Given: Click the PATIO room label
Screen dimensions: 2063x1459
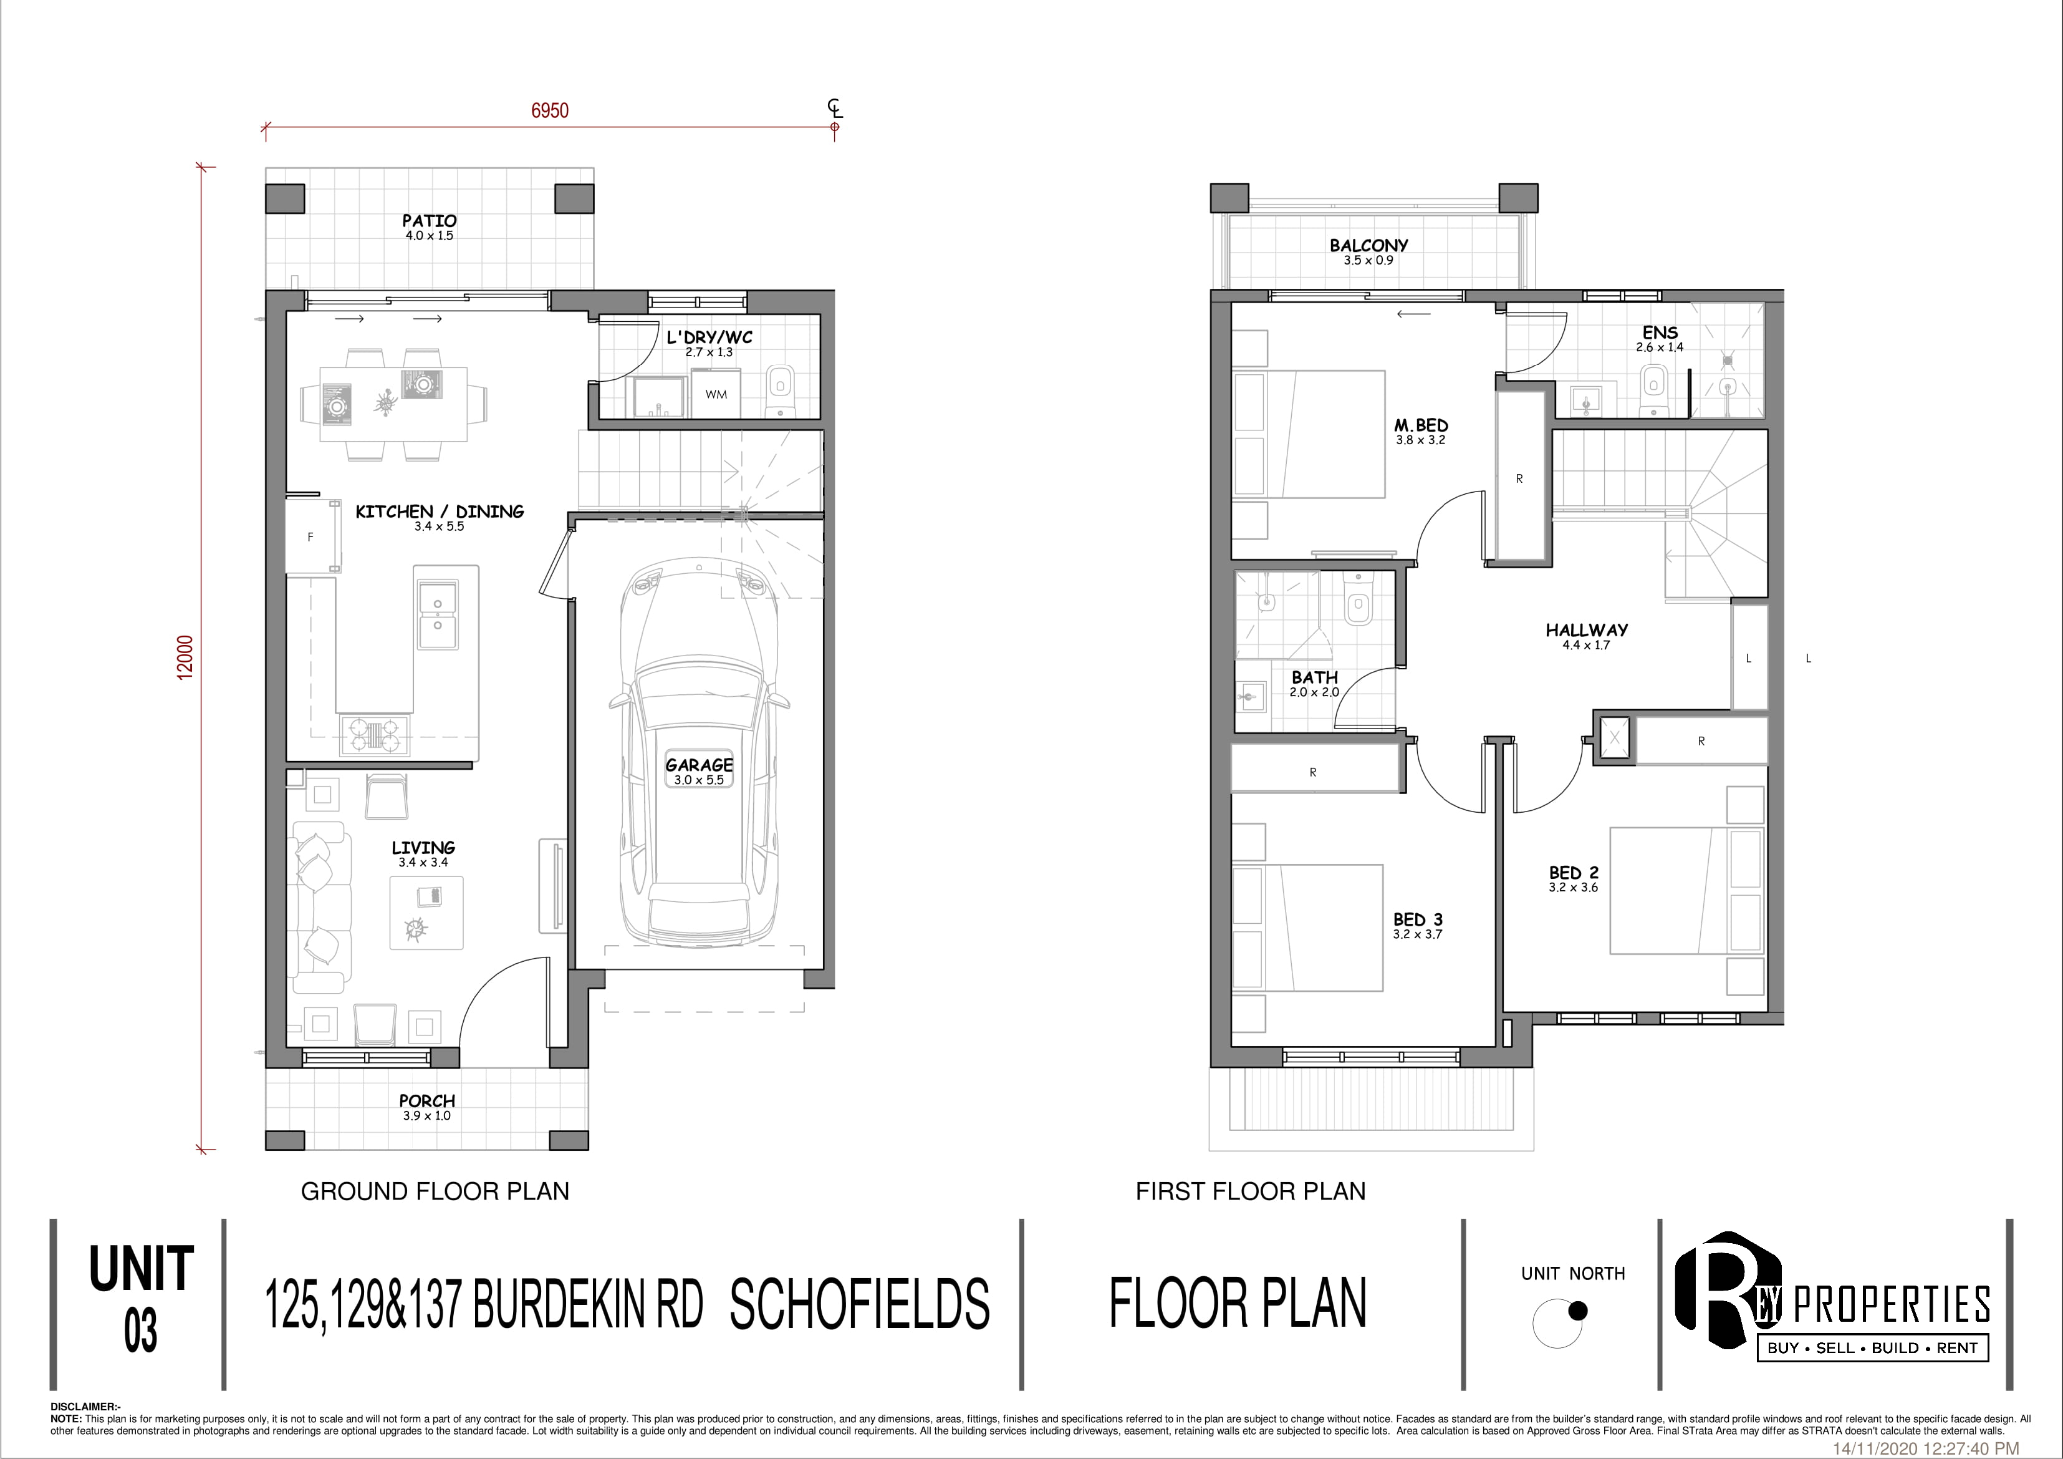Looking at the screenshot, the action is click(430, 220).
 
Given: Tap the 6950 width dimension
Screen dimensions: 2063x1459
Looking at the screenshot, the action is click(550, 110).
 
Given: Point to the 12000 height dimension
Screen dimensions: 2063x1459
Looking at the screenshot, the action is click(185, 657).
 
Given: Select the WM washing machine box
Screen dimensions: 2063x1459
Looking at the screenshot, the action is click(716, 395).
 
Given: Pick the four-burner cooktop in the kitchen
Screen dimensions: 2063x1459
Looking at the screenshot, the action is click(374, 735).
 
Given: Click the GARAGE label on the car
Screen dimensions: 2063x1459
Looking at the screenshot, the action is click(699, 765).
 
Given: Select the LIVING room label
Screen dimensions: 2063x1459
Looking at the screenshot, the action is click(423, 847).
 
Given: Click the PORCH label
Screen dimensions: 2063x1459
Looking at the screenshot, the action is click(427, 1100).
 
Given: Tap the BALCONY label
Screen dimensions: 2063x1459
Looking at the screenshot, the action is click(1368, 245).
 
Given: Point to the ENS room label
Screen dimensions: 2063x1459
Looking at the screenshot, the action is click(1660, 332).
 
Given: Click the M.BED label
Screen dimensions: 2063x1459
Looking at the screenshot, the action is click(1421, 425).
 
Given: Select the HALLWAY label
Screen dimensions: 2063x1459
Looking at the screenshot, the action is click(1587, 630).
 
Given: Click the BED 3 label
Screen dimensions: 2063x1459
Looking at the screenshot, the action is click(1418, 919).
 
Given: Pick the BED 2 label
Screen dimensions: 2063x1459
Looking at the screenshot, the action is click(1574, 873).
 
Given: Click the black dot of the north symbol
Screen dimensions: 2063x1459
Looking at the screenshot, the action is click(1577, 1311).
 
